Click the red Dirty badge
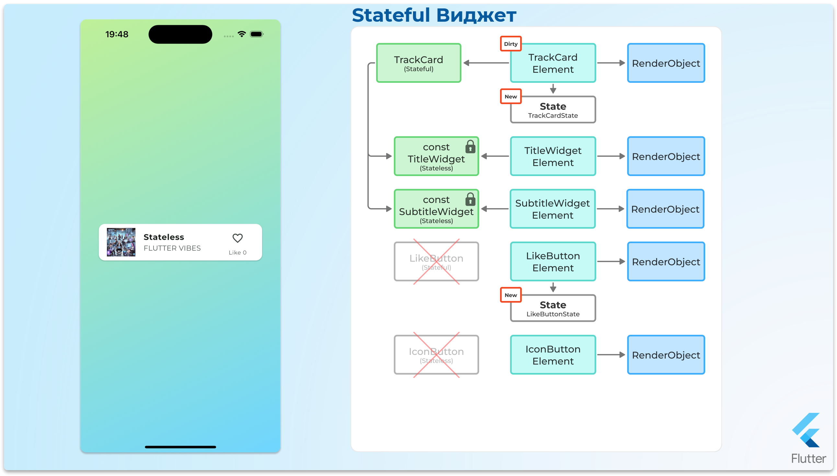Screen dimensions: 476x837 (511, 44)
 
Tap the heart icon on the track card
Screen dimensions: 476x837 (237, 238)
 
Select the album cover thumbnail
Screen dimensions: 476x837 (121, 242)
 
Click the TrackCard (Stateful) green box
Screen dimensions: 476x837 (418, 63)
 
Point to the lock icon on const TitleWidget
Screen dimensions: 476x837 (470, 147)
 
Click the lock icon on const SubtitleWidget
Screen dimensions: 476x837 (470, 199)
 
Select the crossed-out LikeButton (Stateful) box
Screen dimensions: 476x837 (436, 262)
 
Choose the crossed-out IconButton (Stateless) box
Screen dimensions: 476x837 (436, 355)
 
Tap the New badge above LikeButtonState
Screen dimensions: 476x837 (511, 295)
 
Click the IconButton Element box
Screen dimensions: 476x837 (553, 355)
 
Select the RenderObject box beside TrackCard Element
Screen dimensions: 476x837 (666, 63)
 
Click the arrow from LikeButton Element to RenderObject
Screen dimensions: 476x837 (611, 262)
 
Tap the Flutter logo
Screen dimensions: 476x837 (807, 431)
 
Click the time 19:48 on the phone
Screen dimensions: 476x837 (117, 34)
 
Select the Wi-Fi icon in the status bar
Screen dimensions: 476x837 (242, 34)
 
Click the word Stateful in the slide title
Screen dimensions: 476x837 (391, 16)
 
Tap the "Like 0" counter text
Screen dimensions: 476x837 (237, 252)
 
